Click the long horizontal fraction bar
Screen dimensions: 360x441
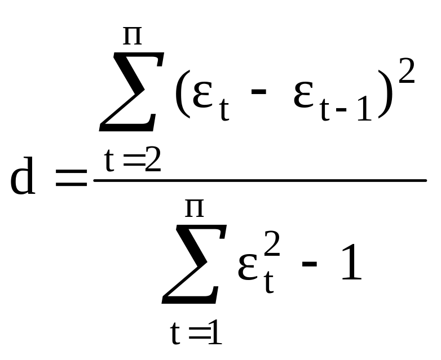259,180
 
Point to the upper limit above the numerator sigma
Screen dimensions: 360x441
133,37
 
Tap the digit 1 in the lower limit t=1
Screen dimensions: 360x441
214,335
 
